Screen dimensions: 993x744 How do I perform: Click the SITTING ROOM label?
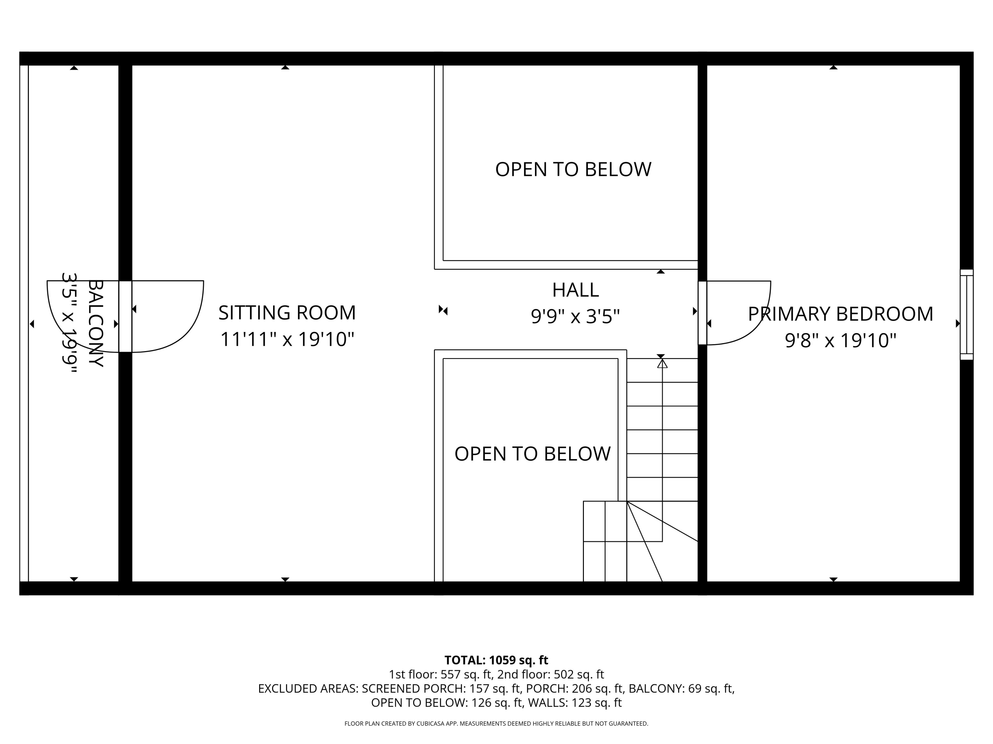click(x=287, y=312)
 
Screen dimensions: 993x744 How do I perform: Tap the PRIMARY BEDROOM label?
click(x=840, y=314)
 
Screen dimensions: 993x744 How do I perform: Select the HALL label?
click(x=576, y=290)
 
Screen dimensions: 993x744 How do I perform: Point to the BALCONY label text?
click(x=96, y=323)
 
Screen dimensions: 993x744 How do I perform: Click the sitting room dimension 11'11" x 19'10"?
click(x=287, y=339)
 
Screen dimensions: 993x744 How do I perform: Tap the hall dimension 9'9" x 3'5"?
click(x=576, y=317)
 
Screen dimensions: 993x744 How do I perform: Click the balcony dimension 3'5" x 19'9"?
click(x=70, y=323)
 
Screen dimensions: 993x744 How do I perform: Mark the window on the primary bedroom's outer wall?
click(x=967, y=314)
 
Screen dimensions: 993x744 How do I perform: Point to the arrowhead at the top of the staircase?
click(x=662, y=364)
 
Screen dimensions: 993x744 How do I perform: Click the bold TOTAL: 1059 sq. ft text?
click(x=496, y=660)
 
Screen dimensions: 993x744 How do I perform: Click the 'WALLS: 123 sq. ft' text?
click(x=575, y=703)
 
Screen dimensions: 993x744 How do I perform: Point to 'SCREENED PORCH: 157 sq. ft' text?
click(x=442, y=688)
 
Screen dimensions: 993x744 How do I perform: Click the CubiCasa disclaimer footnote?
click(x=496, y=723)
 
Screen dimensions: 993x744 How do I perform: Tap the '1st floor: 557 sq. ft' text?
click(x=441, y=675)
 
